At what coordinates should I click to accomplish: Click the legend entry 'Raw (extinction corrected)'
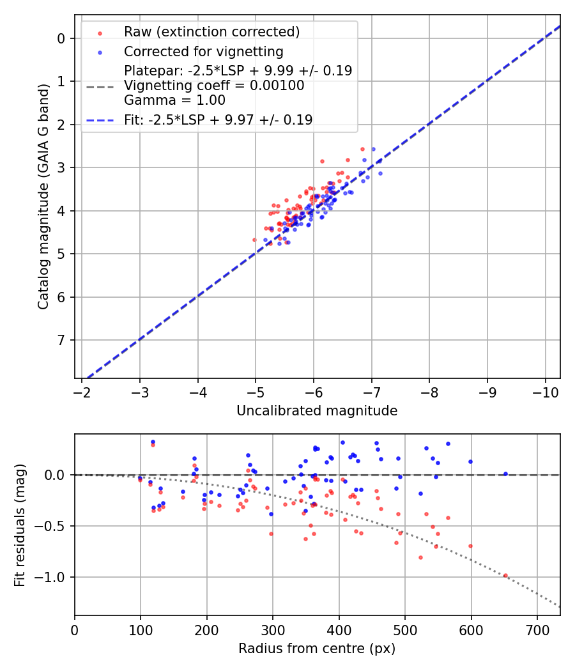(x=211, y=32)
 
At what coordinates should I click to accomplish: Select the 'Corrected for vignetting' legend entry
(x=203, y=51)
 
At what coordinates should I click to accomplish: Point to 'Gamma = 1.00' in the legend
(x=174, y=100)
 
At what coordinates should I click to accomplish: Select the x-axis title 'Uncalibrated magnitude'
(x=317, y=411)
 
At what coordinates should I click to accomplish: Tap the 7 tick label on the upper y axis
(x=61, y=340)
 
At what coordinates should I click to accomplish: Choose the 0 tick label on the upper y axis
(x=61, y=38)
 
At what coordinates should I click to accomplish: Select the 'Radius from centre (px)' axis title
(x=317, y=649)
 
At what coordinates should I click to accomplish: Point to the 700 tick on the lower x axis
(x=537, y=629)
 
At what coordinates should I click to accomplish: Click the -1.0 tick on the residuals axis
(x=54, y=577)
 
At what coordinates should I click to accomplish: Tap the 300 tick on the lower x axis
(x=273, y=629)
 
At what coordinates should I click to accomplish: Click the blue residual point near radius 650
(x=505, y=474)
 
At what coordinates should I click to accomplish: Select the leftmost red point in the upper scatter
(x=254, y=240)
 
